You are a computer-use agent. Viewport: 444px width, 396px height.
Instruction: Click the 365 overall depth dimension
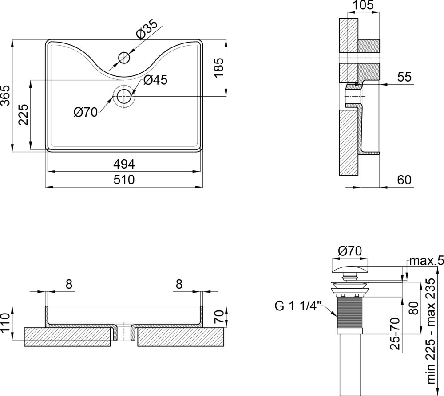tap(5, 95)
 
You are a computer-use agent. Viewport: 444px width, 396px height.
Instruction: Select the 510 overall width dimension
tap(124, 180)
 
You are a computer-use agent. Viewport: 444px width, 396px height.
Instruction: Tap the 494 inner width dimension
tap(124, 164)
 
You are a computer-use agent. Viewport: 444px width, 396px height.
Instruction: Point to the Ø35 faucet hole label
tap(147, 29)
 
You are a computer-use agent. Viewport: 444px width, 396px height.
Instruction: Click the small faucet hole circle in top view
tap(124, 58)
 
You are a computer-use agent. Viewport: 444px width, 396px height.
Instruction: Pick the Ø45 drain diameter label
tap(155, 80)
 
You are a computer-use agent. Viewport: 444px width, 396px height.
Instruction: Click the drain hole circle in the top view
tap(124, 96)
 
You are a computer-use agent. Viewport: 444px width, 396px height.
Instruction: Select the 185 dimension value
tap(219, 67)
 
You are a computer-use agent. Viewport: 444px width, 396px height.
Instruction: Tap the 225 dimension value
tap(24, 114)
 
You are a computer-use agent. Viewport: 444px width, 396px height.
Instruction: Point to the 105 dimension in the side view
tap(363, 5)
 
